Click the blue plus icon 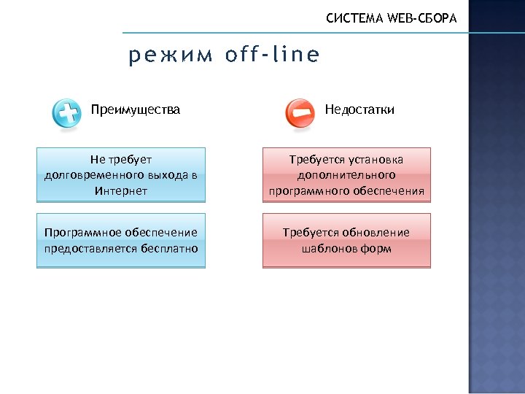67,114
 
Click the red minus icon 300,114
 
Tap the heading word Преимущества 136,110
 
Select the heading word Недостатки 359,110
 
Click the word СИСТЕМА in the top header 354,18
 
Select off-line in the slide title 272,55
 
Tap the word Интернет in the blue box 121,191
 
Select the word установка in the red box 377,159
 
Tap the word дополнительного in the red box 346,175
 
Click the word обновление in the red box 376,233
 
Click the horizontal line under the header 292,33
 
